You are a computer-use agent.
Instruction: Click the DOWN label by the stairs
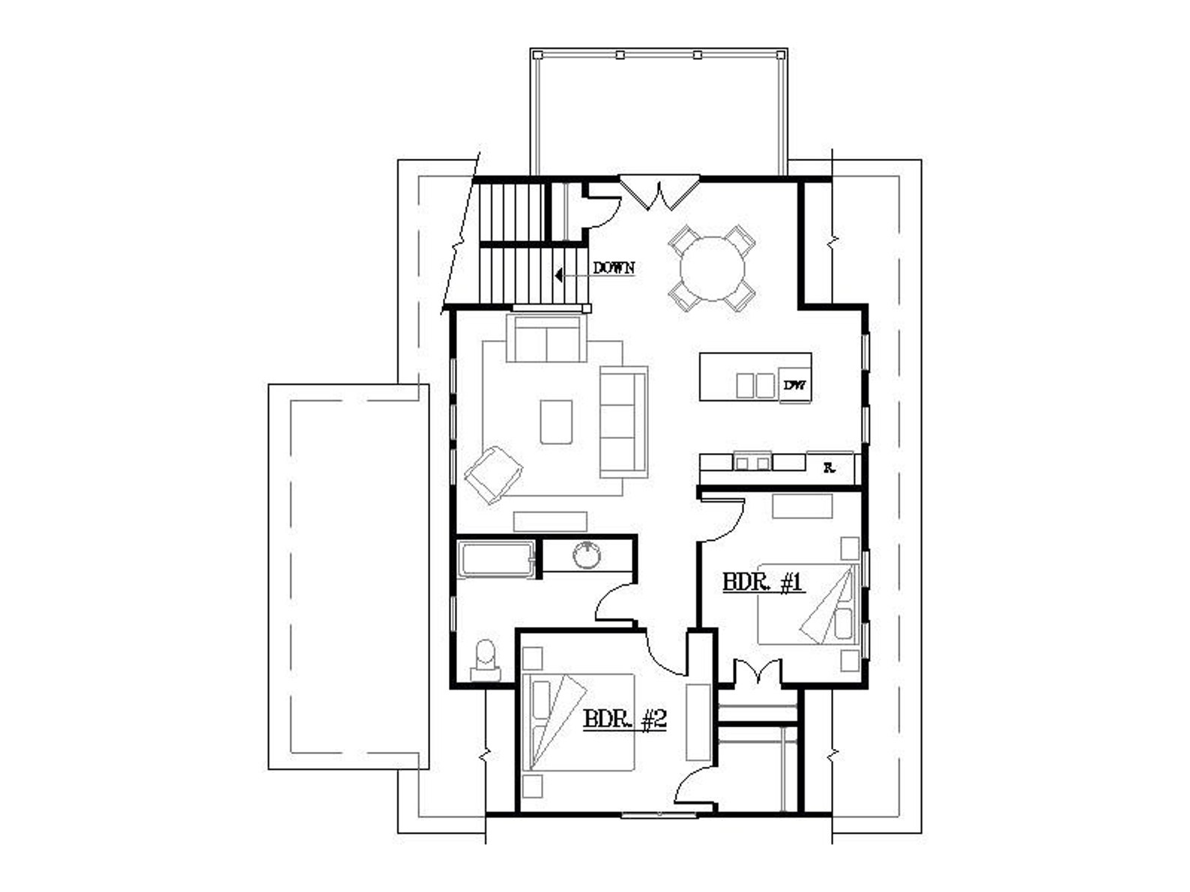tap(614, 267)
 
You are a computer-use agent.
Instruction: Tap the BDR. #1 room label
tap(763, 582)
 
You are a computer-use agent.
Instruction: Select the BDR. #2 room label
tap(625, 720)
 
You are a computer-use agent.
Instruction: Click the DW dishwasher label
tap(794, 386)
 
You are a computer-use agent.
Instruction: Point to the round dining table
tap(712, 267)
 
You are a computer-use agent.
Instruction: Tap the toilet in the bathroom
tap(486, 657)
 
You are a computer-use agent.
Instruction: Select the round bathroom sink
tap(587, 555)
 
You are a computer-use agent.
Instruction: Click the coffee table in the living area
tap(556, 422)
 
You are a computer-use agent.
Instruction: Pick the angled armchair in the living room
tap(493, 474)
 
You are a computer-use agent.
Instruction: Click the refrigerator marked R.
tap(830, 467)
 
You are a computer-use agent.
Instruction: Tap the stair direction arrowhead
tap(559, 275)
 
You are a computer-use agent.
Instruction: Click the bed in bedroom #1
tap(809, 604)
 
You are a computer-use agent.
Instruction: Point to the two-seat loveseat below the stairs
tap(546, 339)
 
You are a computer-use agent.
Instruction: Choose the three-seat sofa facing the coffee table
tap(623, 422)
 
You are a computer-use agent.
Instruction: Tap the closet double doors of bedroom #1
tap(758, 671)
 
